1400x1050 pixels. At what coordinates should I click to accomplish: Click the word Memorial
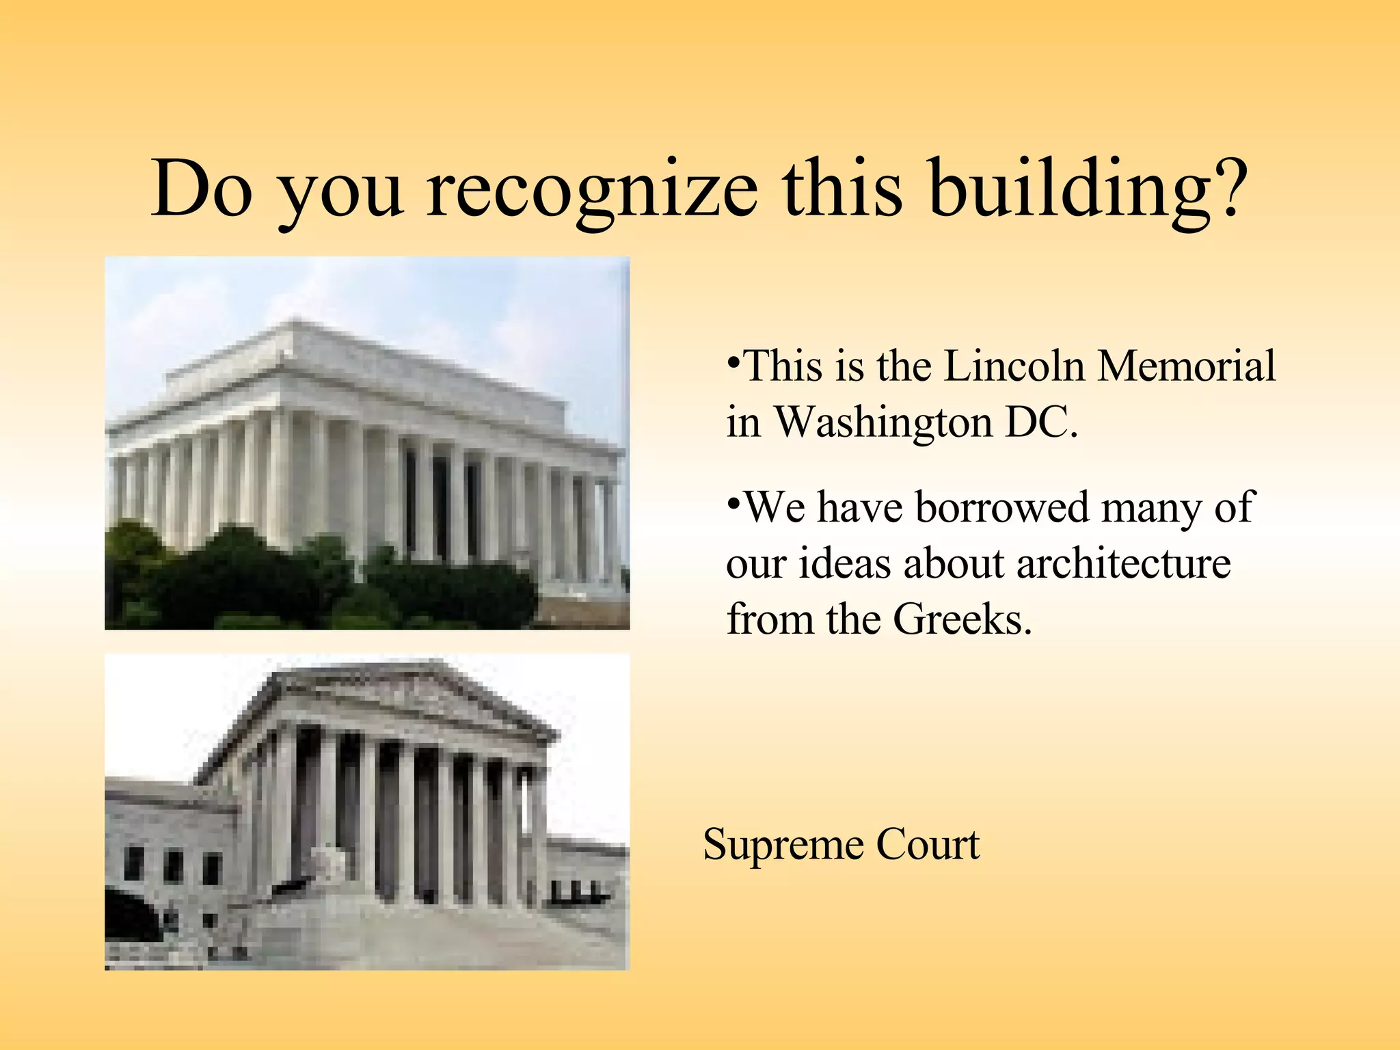[x=1186, y=366]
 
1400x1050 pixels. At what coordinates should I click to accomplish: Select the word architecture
[x=1123, y=563]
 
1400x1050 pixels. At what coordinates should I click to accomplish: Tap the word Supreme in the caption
[x=783, y=845]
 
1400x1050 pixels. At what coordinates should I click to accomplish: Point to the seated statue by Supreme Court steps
[x=331, y=863]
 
